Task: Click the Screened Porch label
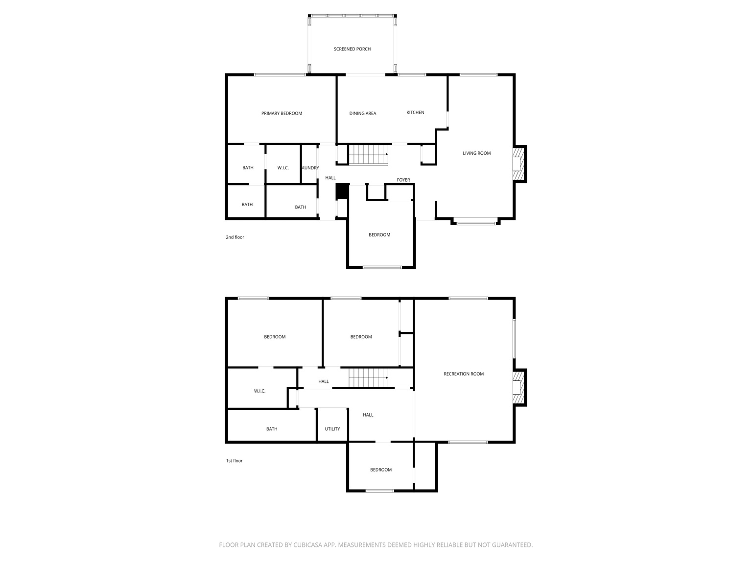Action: point(352,49)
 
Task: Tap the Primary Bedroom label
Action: point(282,114)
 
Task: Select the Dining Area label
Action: point(363,114)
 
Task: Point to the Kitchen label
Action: point(415,113)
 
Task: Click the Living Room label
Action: point(476,153)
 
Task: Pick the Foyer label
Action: point(403,180)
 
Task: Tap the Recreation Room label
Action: point(463,374)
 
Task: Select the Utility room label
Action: point(332,429)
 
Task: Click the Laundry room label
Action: point(310,168)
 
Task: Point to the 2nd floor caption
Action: point(235,237)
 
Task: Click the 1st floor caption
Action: point(234,461)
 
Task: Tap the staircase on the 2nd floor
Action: point(368,155)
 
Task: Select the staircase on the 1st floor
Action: point(368,378)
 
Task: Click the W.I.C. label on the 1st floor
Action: point(259,391)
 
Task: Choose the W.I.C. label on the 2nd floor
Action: point(283,168)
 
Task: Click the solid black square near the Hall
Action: point(342,191)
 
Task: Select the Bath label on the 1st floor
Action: point(272,429)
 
